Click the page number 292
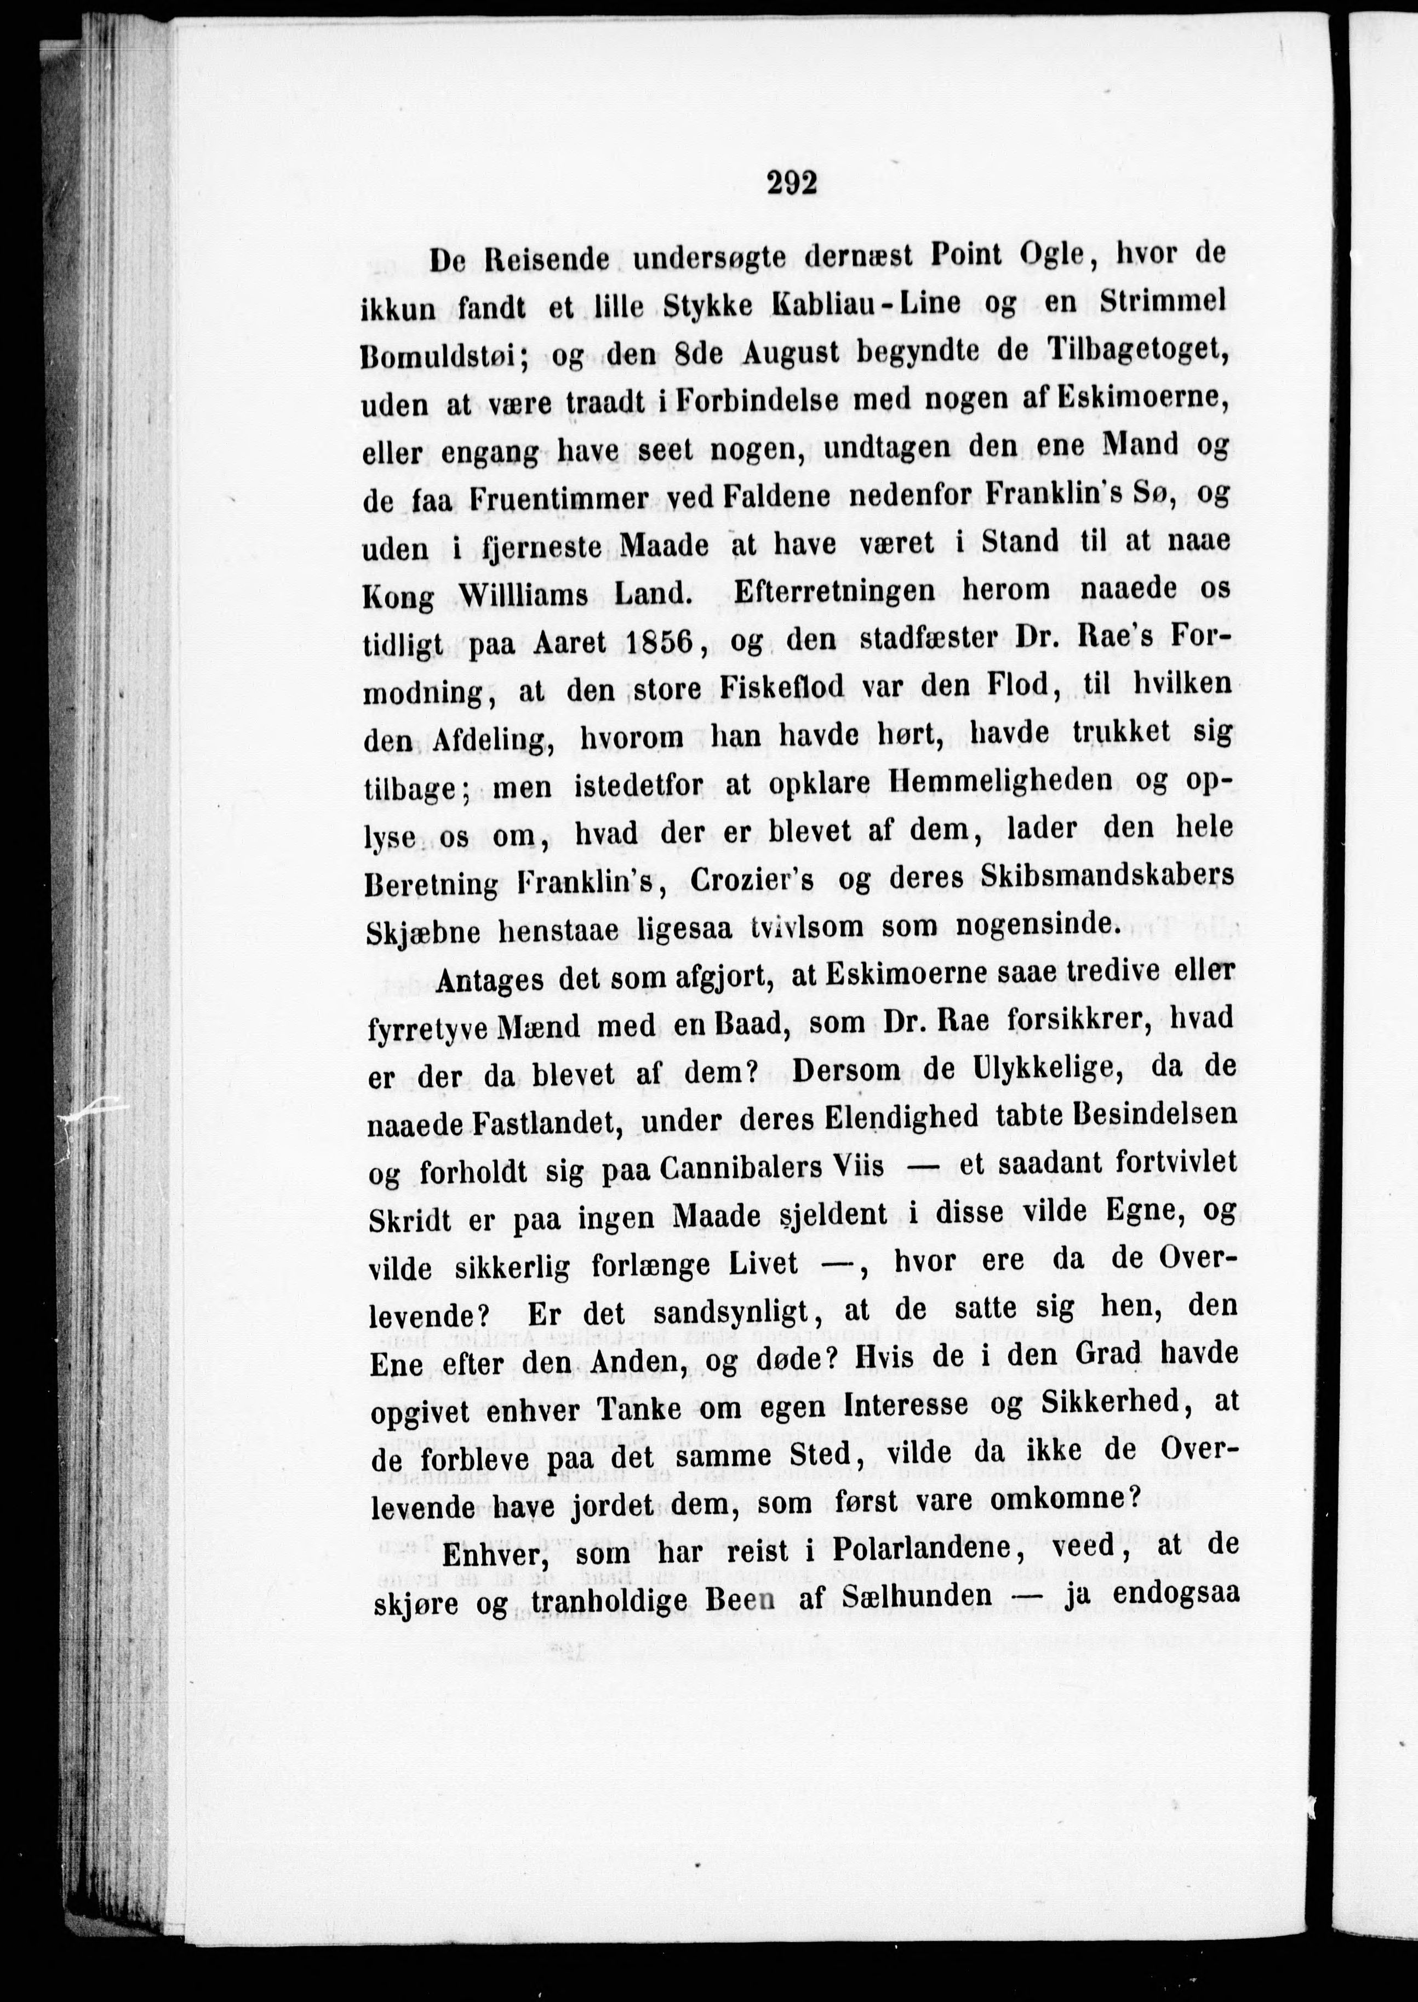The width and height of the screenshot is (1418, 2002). click(792, 184)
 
